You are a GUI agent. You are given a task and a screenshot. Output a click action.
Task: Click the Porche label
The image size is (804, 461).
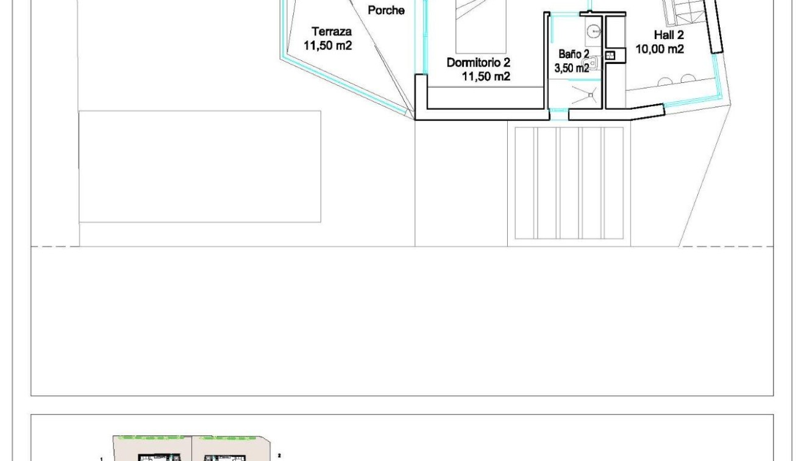(386, 10)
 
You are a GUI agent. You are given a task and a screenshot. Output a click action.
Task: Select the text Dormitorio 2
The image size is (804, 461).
(478, 62)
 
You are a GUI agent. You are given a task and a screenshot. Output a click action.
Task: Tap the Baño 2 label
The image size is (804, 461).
(574, 54)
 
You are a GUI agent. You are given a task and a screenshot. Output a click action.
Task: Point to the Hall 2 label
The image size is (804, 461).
(669, 35)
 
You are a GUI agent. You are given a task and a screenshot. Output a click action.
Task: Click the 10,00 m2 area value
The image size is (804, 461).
(660, 49)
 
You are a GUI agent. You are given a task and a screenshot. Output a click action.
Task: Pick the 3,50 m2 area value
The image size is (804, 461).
(571, 68)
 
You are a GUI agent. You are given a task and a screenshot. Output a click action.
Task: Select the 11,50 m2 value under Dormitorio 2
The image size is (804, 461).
(485, 76)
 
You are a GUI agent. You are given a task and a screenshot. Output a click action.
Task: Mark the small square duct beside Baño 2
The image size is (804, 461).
(611, 55)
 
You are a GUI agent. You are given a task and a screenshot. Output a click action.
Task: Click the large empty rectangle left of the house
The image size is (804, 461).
(200, 166)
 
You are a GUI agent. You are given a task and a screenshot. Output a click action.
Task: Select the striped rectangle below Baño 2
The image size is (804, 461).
(569, 183)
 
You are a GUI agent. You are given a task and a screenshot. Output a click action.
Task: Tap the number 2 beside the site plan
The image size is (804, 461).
(279, 454)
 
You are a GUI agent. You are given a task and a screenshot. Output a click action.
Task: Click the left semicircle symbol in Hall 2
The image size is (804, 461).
(666, 79)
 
